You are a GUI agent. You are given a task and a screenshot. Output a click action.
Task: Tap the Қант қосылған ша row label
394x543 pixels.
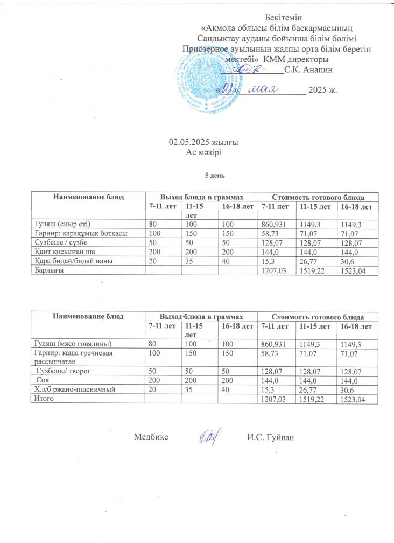tap(65, 251)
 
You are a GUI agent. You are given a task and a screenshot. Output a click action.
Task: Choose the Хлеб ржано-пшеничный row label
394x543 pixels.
tap(73, 389)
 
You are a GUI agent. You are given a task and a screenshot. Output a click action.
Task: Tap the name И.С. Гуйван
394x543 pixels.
tap(271, 437)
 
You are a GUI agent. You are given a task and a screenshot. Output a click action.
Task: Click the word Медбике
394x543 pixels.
tap(151, 437)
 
